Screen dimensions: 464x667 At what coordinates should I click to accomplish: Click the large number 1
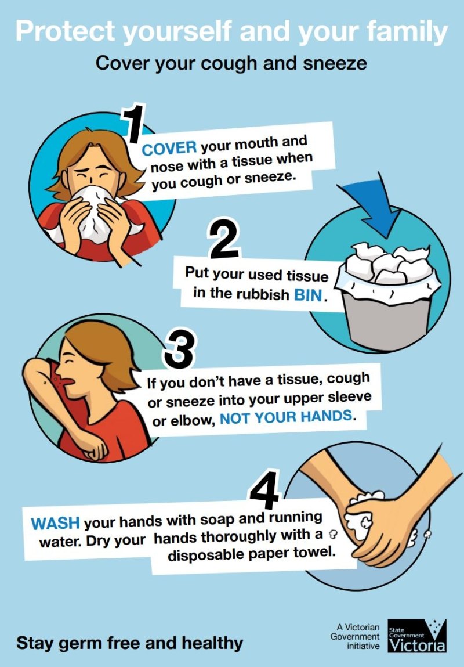135,124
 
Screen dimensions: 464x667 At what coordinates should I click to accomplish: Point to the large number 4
265,489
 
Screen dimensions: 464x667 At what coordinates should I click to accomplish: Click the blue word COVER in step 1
169,149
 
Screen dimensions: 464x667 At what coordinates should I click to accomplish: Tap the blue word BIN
308,294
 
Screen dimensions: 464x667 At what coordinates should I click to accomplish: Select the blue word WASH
55,523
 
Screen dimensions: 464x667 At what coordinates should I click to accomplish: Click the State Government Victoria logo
417,636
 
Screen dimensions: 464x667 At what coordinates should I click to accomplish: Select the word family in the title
407,31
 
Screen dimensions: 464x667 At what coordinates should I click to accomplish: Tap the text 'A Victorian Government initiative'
356,637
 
